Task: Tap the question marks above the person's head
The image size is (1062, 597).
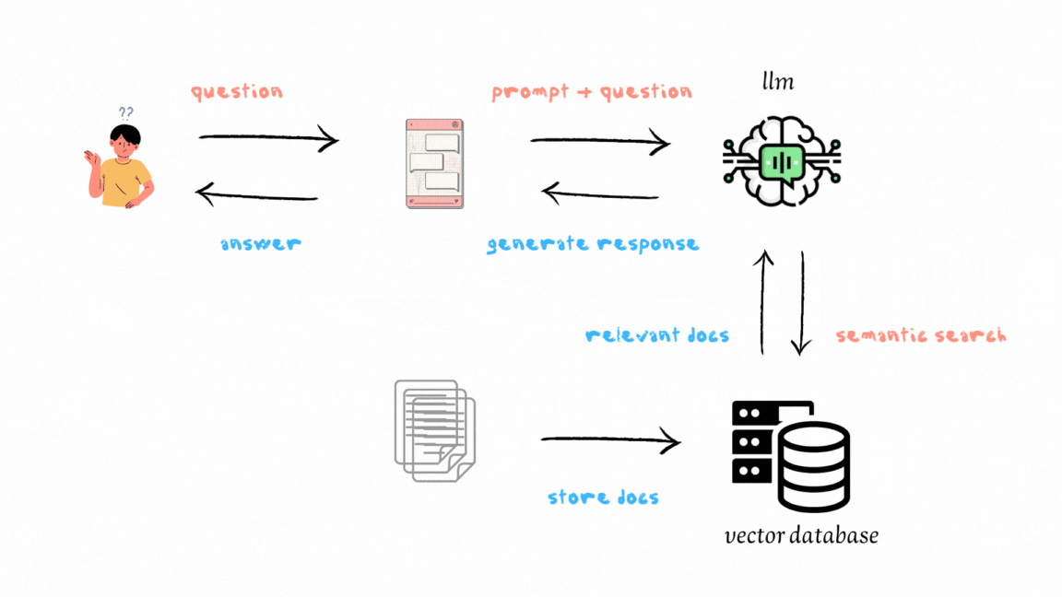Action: point(126,112)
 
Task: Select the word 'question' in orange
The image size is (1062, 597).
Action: point(237,92)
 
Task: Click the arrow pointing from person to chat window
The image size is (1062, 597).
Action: point(268,140)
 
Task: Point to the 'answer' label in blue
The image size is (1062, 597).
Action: point(261,244)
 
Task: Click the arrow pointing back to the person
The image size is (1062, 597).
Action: point(257,193)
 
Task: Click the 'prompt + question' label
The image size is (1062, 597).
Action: point(591,92)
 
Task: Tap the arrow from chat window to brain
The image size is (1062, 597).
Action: point(599,142)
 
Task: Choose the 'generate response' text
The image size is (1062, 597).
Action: point(593,244)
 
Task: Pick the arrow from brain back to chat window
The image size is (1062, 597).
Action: point(600,193)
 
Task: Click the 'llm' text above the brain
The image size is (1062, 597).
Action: point(777,83)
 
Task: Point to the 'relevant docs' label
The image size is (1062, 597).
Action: point(657,335)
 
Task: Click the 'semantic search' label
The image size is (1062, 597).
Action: point(921,335)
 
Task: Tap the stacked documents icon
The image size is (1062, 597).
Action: point(434,428)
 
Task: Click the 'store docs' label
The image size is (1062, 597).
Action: point(604,497)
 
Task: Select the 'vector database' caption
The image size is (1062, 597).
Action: point(801,535)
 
